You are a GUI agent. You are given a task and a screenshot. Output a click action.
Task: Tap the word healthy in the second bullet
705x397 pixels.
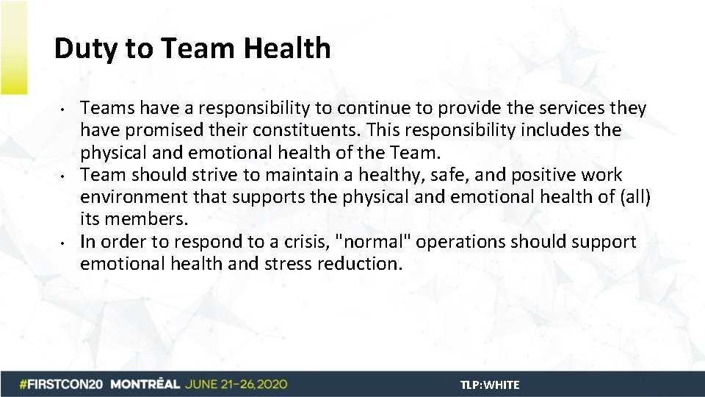pyautogui.click(x=409, y=175)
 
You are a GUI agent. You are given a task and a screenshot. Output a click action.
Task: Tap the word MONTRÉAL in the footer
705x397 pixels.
pyautogui.click(x=145, y=385)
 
